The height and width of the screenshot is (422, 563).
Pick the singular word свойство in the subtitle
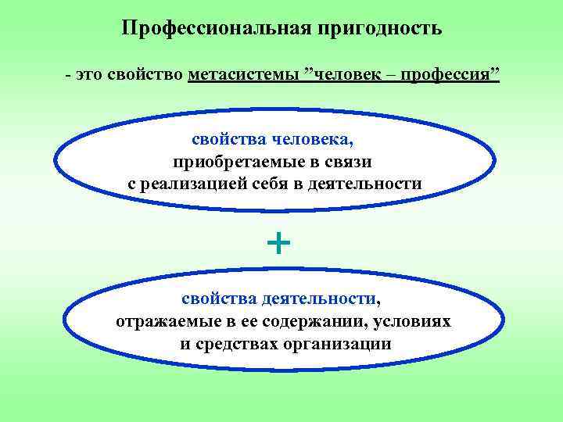pos(149,76)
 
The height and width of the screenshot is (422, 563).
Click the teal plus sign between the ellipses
pos(278,245)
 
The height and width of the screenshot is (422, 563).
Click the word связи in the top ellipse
pos(349,162)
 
